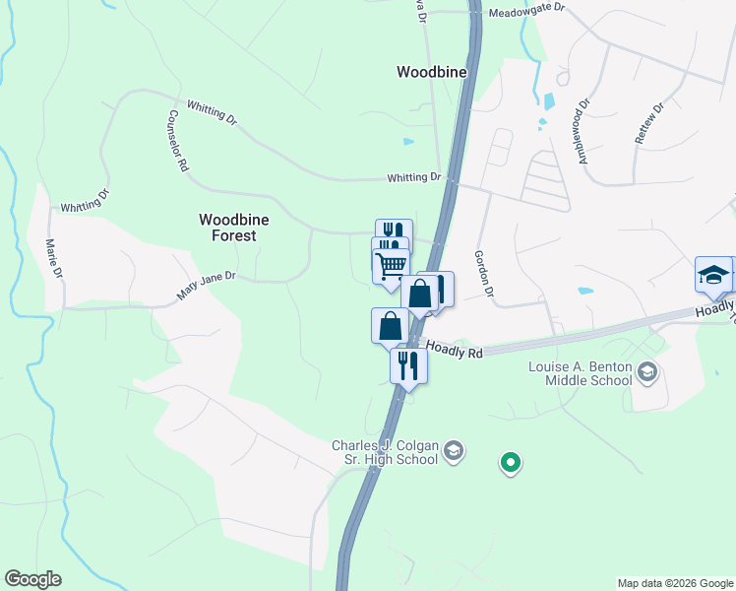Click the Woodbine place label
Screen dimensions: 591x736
[431, 72]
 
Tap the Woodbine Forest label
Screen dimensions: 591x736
[227, 228]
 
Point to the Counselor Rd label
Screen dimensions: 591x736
[177, 141]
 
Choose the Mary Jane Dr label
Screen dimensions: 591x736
[207, 287]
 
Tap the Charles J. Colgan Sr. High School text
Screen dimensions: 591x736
[384, 452]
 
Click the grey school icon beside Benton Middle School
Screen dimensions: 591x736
[646, 371]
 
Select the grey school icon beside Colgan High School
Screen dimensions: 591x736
[453, 451]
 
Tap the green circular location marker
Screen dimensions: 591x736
[510, 461]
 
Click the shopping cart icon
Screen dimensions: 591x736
[391, 264]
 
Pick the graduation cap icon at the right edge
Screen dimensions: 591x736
[712, 275]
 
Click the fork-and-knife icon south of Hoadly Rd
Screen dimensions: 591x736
[408, 365]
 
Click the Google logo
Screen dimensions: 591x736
[32, 579]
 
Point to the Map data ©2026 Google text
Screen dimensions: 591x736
[675, 583]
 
